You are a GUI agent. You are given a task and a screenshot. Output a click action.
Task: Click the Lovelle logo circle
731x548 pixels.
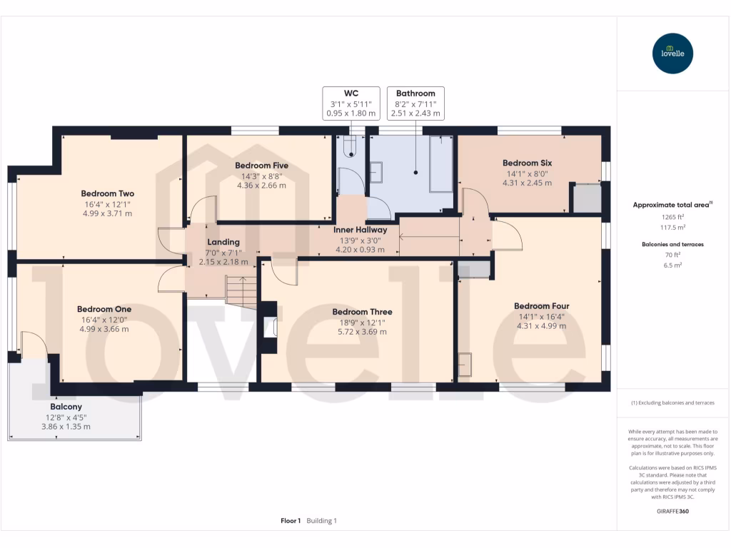[673, 54]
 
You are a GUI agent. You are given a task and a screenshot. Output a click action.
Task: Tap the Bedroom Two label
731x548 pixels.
[107, 193]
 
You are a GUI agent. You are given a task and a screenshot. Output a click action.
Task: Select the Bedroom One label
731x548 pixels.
[104, 309]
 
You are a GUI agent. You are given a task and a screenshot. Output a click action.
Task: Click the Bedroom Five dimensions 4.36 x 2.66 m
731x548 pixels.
[261, 186]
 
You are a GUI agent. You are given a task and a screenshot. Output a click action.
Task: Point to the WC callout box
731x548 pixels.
[351, 103]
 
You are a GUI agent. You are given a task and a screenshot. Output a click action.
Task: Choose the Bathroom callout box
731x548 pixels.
[415, 103]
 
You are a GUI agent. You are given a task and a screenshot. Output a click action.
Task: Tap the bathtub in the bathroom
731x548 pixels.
[440, 164]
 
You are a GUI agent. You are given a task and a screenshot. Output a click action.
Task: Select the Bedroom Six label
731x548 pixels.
[527, 163]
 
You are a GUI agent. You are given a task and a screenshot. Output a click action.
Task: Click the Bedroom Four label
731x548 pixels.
[542, 306]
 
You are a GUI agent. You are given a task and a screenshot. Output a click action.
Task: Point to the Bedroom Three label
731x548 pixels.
[362, 312]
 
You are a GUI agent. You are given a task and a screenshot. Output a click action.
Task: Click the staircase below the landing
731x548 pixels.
[241, 291]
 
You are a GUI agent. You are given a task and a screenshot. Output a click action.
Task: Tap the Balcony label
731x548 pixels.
[66, 407]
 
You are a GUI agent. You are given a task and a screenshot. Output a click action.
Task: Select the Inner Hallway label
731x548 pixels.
[361, 230]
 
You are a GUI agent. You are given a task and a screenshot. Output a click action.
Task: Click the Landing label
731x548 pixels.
[223, 243]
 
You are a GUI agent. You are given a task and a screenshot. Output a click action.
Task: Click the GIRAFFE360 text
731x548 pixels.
[673, 512]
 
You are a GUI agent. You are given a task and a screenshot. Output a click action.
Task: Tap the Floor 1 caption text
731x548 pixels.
[291, 521]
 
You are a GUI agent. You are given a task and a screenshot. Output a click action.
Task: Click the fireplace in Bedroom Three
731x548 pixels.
[271, 328]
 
